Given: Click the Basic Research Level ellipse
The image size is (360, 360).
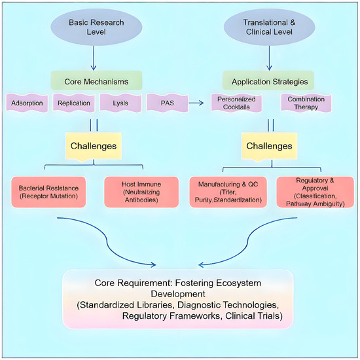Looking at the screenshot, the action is [x=96, y=27].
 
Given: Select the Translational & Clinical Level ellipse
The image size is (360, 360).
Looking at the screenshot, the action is [x=269, y=27].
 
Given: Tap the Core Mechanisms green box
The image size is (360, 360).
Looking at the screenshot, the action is [x=96, y=81].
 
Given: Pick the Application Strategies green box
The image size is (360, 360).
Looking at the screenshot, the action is [x=268, y=81].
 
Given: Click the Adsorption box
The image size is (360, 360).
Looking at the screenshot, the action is [x=27, y=103].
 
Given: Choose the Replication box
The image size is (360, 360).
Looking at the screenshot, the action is [x=74, y=103].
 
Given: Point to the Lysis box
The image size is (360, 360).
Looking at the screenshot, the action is [x=120, y=103].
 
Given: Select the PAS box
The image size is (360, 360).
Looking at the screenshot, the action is [x=167, y=103].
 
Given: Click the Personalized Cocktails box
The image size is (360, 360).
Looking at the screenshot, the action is [x=236, y=103].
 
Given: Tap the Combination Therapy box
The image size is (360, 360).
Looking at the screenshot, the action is [x=306, y=103].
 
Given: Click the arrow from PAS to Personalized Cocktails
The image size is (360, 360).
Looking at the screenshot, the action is [x=196, y=103].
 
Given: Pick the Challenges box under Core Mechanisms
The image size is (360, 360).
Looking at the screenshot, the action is [x=94, y=146].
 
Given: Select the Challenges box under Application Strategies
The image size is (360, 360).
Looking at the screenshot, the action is [x=269, y=146].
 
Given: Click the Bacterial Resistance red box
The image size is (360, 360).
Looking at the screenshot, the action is [x=48, y=192].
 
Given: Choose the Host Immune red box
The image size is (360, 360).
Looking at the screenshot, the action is [x=141, y=192].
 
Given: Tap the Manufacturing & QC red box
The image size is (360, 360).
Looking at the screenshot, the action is [x=228, y=192].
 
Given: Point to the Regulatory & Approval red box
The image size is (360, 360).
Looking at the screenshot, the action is [x=315, y=192].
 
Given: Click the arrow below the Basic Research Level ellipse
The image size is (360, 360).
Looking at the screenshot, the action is [x=94, y=58].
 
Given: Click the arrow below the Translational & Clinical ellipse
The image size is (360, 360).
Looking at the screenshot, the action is [x=269, y=58].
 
